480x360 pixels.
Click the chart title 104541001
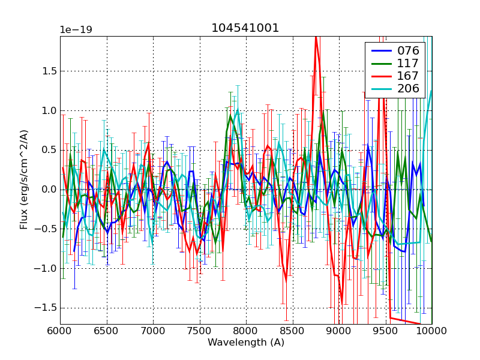click(x=245, y=28)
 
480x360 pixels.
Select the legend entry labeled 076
click(x=407, y=50)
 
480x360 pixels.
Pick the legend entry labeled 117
click(x=407, y=64)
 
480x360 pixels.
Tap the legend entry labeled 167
click(x=407, y=77)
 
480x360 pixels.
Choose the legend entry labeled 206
click(x=407, y=90)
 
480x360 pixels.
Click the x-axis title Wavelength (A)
click(x=246, y=343)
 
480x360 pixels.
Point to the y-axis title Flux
click(x=24, y=180)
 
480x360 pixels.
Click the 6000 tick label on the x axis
click(x=60, y=331)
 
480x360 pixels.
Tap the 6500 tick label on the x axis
click(x=107, y=331)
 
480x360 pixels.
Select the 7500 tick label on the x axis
click(x=200, y=331)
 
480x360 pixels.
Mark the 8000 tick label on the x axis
click(x=246, y=331)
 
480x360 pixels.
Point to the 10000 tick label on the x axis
click(x=431, y=331)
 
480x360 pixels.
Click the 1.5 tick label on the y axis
click(x=49, y=71)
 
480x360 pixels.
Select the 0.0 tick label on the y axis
click(x=49, y=190)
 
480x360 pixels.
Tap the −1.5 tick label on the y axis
click(x=46, y=308)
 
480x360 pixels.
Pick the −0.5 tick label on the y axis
click(x=46, y=229)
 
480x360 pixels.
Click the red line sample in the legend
click(x=379, y=77)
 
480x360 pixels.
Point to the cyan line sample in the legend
click(x=379, y=90)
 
